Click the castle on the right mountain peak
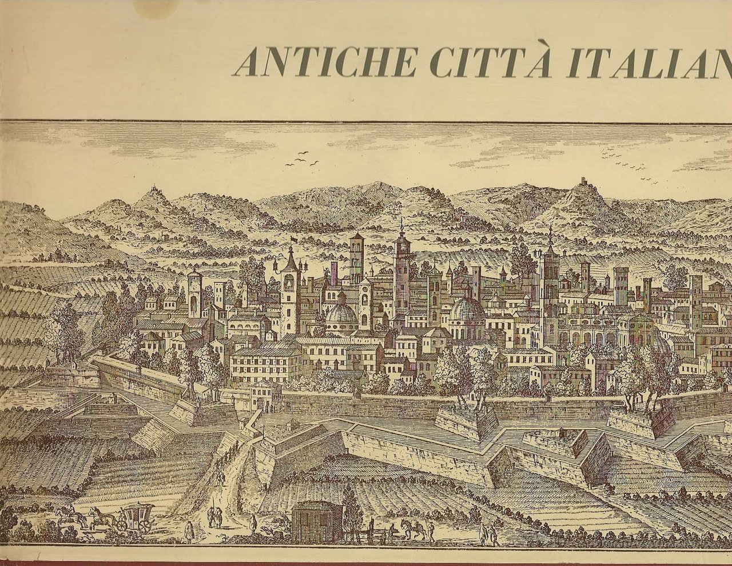[x=583, y=181]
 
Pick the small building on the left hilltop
[x=153, y=189]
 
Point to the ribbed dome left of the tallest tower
[x=342, y=314]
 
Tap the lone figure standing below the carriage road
[x=192, y=532]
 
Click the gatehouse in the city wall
[x=261, y=395]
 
